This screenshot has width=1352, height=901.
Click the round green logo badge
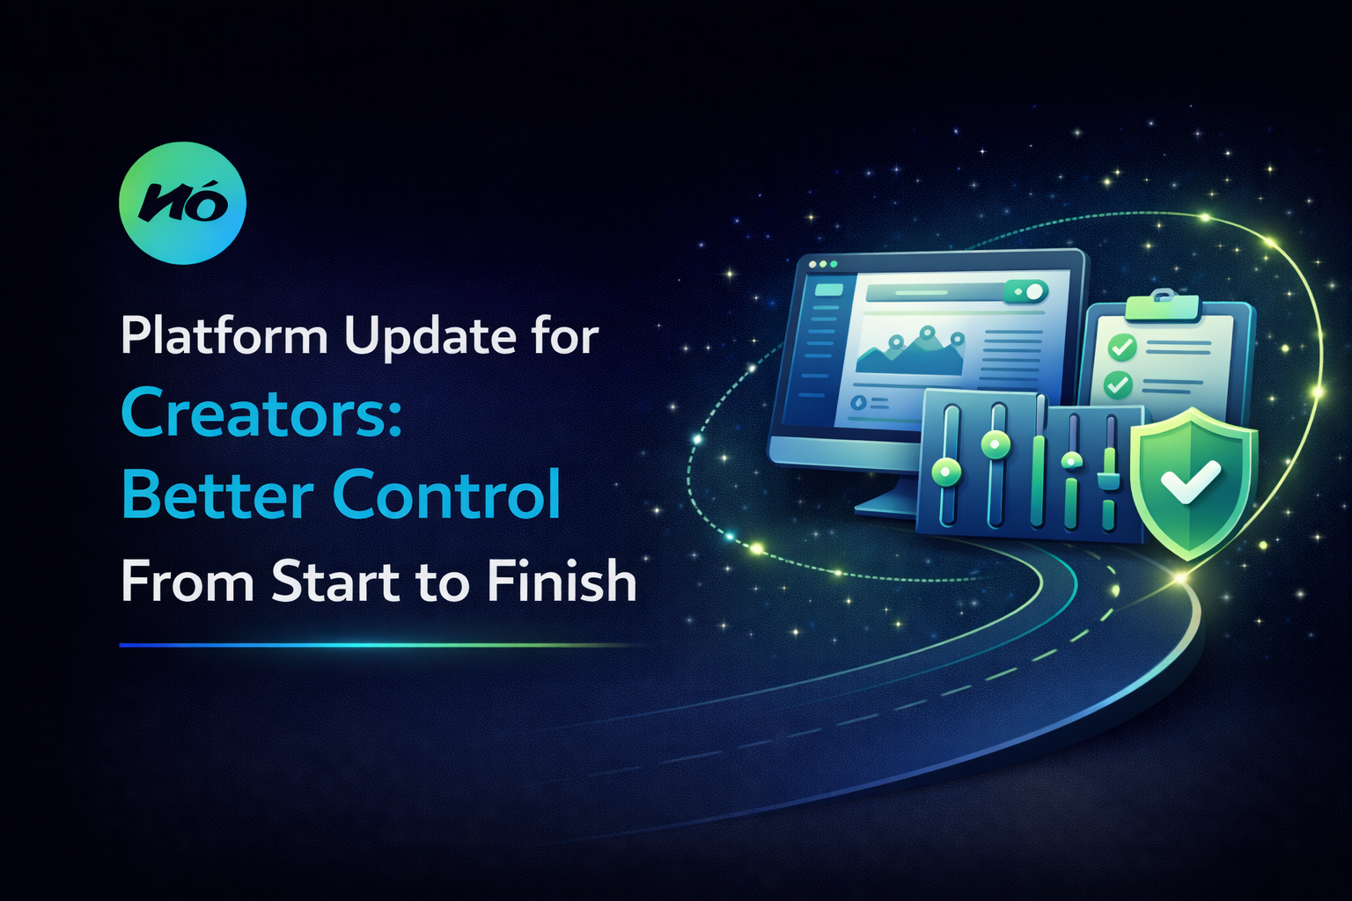pos(182,203)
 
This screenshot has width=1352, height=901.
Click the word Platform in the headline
pos(224,336)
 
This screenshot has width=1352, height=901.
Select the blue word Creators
pos(254,414)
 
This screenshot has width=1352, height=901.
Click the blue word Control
pos(447,494)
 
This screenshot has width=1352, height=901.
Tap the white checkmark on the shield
pos(1190,481)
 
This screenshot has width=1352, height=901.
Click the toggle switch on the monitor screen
pos(1027,291)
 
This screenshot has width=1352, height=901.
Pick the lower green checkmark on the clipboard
pos(1118,385)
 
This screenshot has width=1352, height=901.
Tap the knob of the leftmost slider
pos(946,472)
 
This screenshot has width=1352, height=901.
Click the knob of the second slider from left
pos(996,443)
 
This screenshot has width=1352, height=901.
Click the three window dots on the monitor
pos(823,264)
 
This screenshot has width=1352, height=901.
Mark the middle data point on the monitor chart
pos(926,333)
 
